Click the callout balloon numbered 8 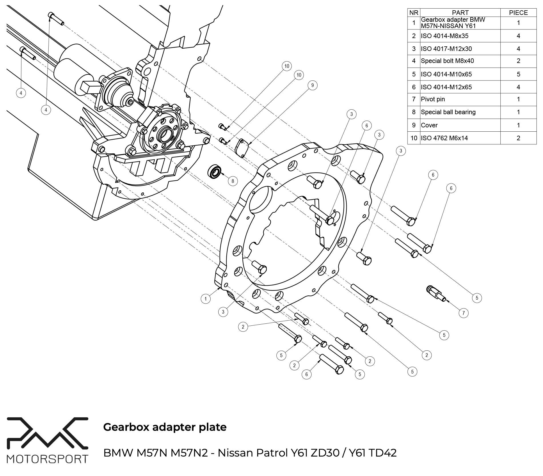click(x=233, y=181)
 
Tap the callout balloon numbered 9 click(x=312, y=85)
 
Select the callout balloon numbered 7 click(x=464, y=313)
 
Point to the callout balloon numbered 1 click(x=205, y=299)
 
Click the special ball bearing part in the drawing click(x=215, y=172)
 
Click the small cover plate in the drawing click(x=242, y=148)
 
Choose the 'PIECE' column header click(x=518, y=13)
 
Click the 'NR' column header click(x=414, y=13)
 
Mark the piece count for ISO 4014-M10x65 click(x=518, y=74)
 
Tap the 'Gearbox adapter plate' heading click(x=165, y=427)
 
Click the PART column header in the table click(x=460, y=13)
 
